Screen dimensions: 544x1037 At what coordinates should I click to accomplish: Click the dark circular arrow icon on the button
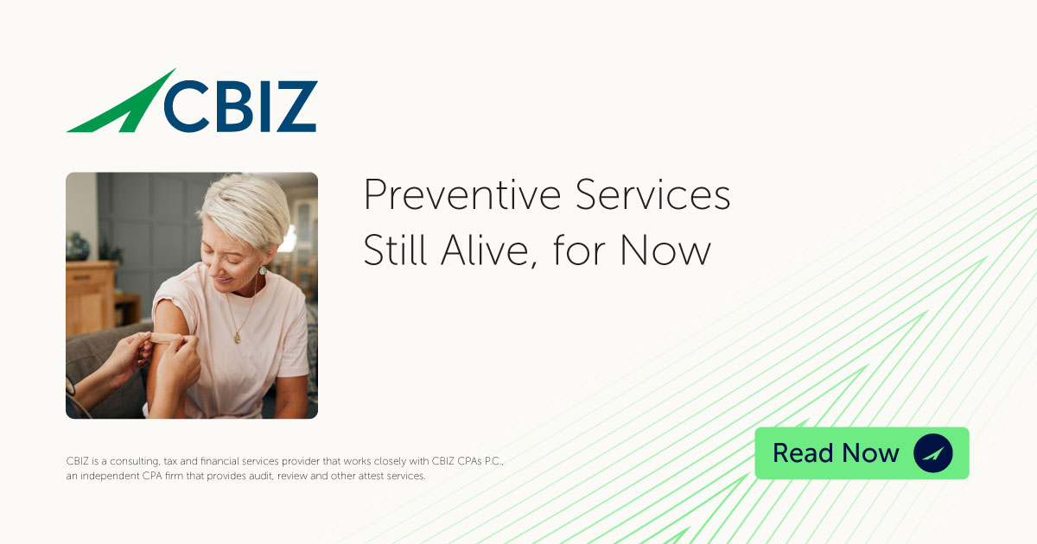[932, 452]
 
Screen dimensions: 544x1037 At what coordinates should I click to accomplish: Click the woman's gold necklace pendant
[238, 337]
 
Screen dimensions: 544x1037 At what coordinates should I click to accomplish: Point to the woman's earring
[263, 270]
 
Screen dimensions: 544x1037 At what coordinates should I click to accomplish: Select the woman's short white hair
[246, 203]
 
